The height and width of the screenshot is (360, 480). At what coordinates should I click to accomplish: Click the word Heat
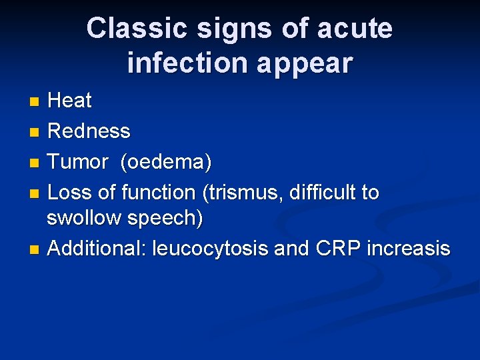(x=70, y=101)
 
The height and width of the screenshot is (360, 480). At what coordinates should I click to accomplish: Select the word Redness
(x=89, y=131)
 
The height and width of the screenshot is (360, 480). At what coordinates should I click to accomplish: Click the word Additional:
(x=97, y=249)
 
